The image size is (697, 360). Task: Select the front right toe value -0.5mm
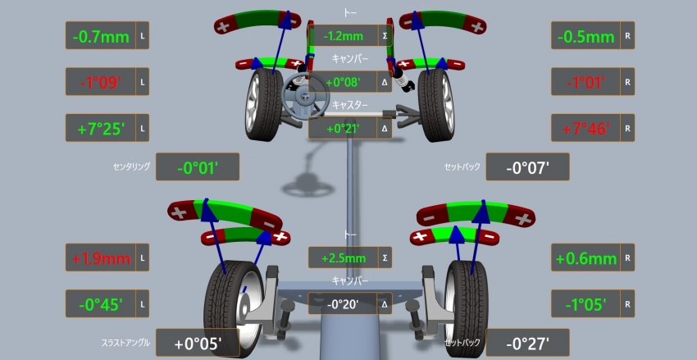pyautogui.click(x=585, y=36)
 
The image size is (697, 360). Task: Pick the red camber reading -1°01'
pyautogui.click(x=585, y=82)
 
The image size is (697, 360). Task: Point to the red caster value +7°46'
pyautogui.click(x=585, y=128)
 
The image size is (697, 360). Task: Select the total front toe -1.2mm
pyautogui.click(x=342, y=36)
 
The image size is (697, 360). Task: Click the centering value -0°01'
pyautogui.click(x=197, y=167)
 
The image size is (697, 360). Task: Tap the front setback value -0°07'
pyautogui.click(x=526, y=167)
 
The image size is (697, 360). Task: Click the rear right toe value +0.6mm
pyautogui.click(x=585, y=258)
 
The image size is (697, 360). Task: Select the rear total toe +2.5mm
pyautogui.click(x=342, y=257)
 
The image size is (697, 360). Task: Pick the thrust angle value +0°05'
pyautogui.click(x=197, y=343)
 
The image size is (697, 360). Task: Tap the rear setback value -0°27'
pyautogui.click(x=526, y=343)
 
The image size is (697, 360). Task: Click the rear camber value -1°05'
pyautogui.click(x=585, y=304)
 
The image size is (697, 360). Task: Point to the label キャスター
pyautogui.click(x=350, y=105)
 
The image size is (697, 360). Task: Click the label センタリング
pyautogui.click(x=131, y=166)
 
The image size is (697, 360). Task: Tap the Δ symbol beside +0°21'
pyautogui.click(x=385, y=128)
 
